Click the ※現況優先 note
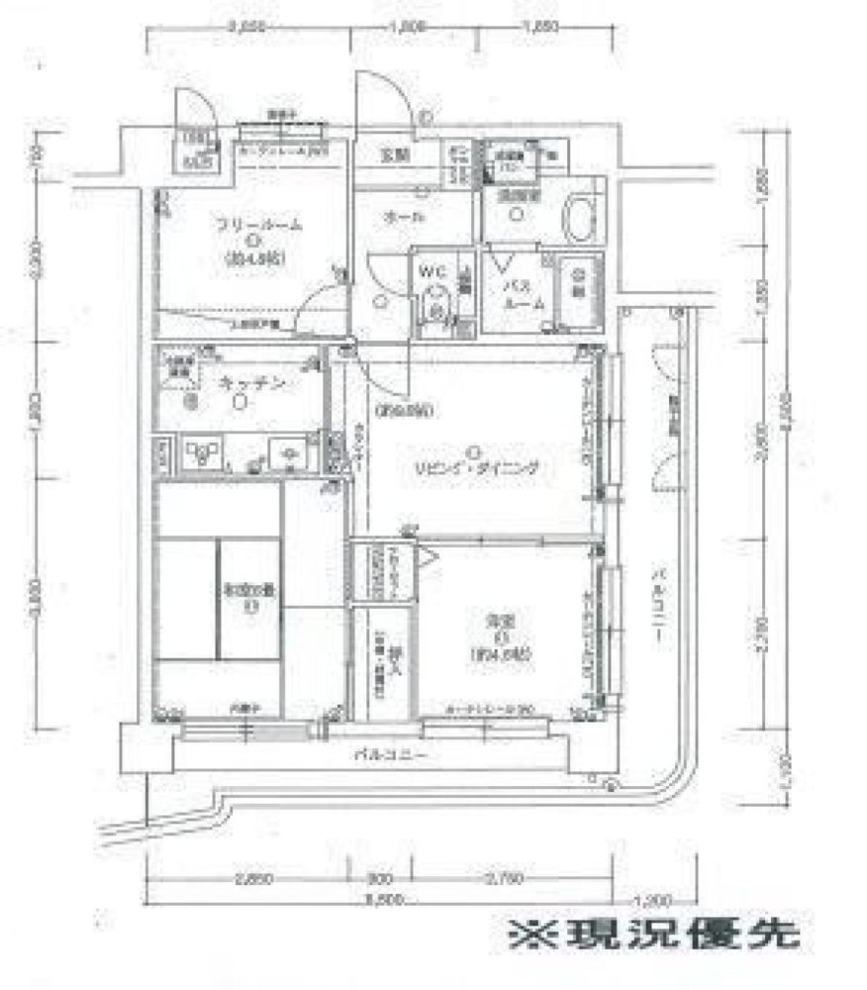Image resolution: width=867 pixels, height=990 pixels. pyautogui.click(x=653, y=936)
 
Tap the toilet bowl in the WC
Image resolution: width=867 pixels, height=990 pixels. pyautogui.click(x=433, y=302)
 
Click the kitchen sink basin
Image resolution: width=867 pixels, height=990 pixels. pyautogui.click(x=290, y=454)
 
